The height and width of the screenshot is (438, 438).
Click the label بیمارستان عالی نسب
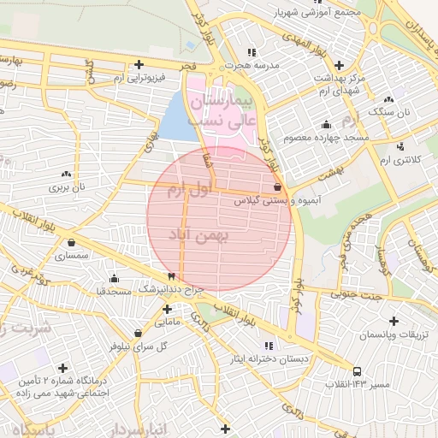[222, 111]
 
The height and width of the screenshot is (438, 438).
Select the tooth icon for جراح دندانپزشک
[171, 276]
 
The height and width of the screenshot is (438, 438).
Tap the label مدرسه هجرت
[249, 65]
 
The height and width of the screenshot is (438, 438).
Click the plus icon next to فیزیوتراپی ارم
[139, 64]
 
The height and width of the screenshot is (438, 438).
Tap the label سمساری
[71, 256]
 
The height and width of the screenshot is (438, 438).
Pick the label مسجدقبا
[113, 292]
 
